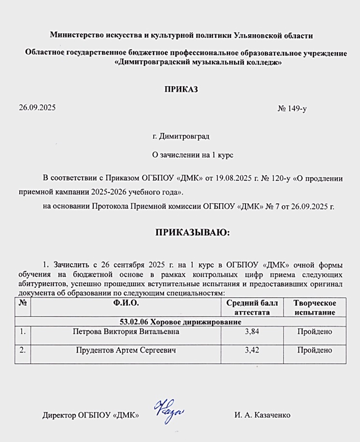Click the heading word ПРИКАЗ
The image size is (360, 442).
click(181, 89)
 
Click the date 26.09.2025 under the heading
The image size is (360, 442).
click(37, 108)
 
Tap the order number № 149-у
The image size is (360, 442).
click(292, 109)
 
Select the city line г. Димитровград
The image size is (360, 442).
click(181, 137)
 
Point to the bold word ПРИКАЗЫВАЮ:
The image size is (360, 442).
click(193, 233)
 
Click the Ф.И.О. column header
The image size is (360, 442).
click(126, 303)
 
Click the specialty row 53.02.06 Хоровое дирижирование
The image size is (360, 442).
click(180, 322)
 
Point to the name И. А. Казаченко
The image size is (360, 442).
click(263, 415)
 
